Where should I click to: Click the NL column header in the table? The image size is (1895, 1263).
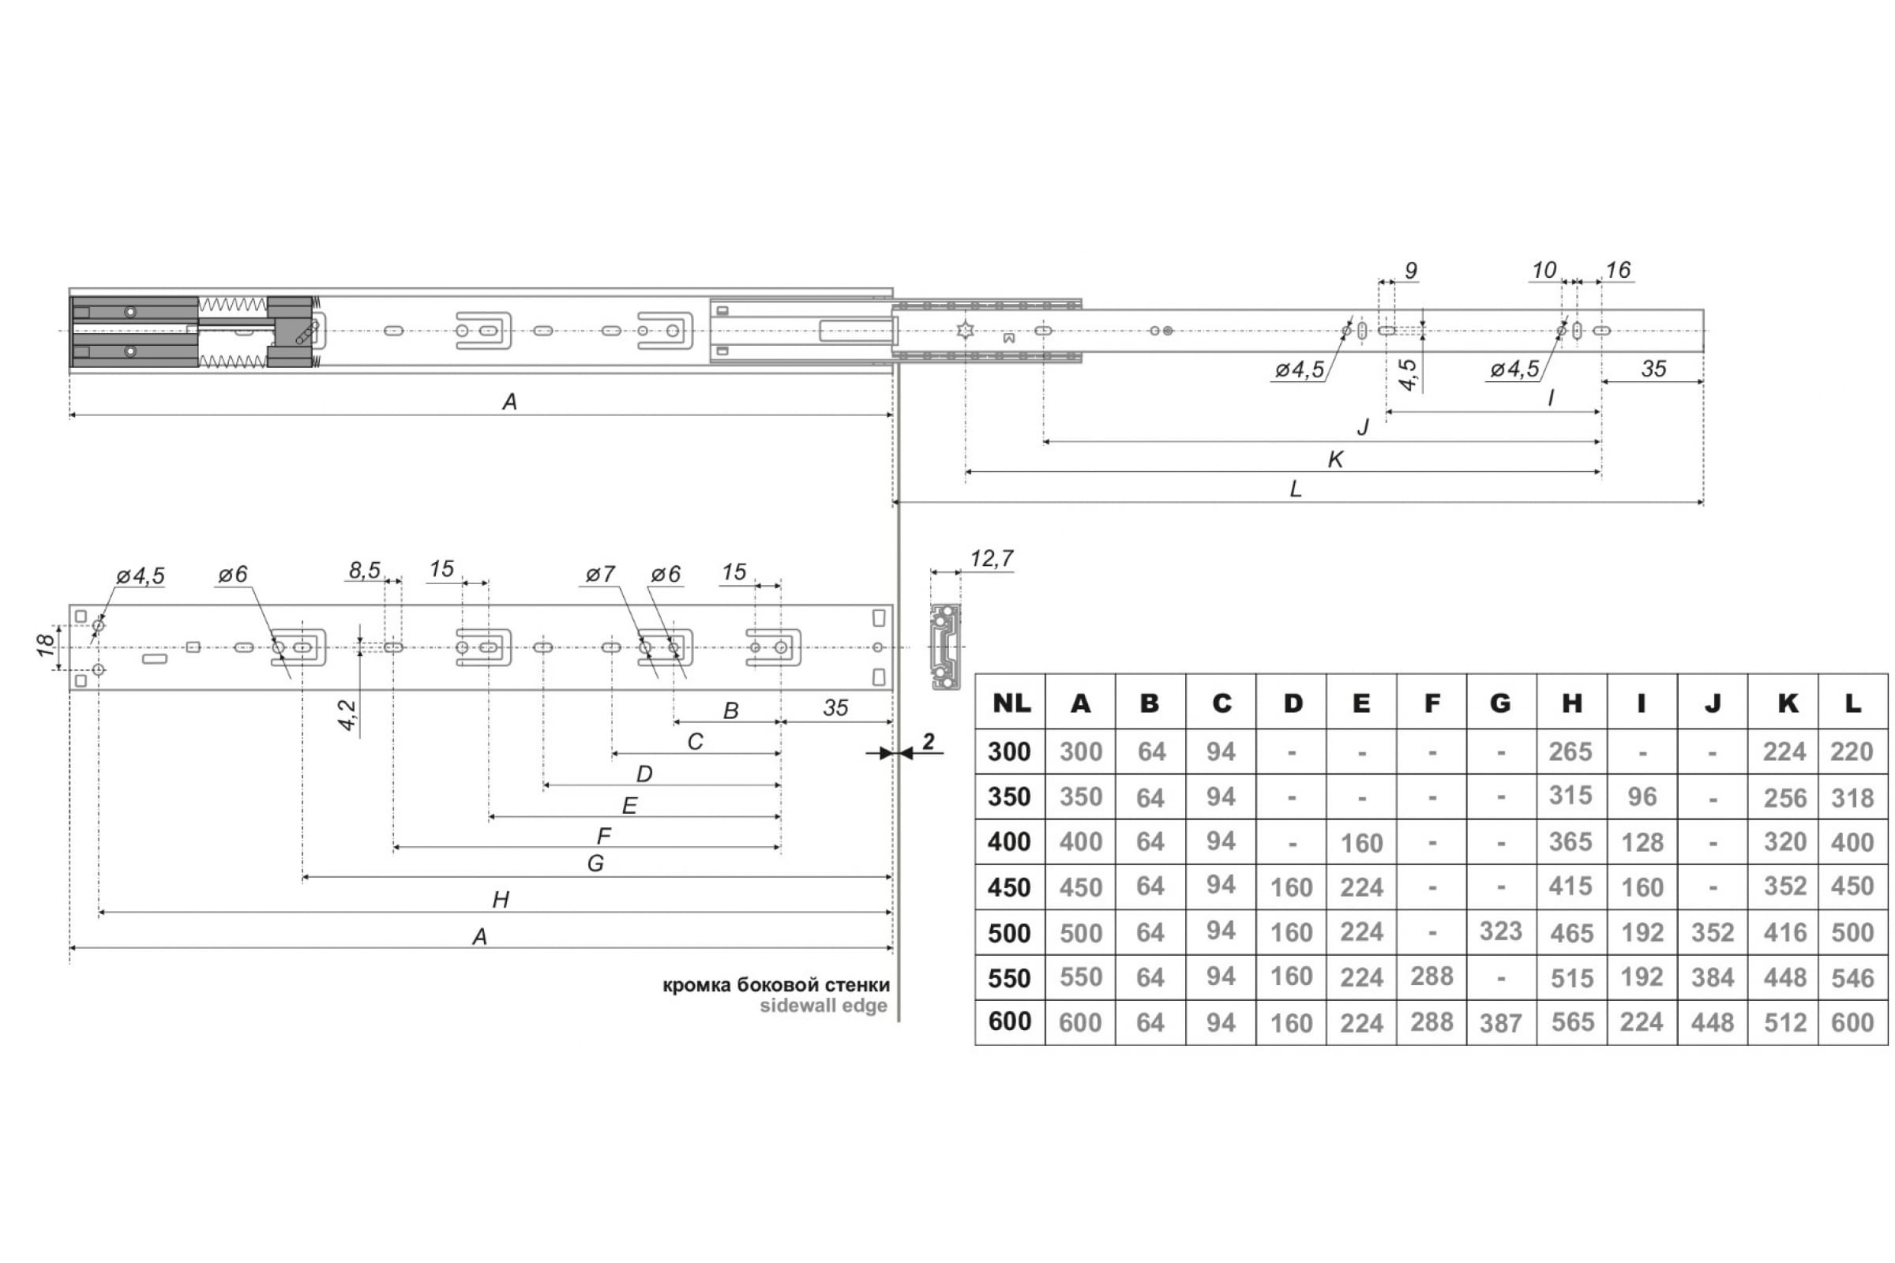pos(1011,703)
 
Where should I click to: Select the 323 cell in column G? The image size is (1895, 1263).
pos(1500,931)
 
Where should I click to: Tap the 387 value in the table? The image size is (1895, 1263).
pos(1500,1023)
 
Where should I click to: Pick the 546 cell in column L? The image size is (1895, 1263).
pos(1852,978)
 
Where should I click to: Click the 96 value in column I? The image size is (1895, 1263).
pos(1642,796)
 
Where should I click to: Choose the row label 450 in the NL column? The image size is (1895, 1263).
pos(1010,886)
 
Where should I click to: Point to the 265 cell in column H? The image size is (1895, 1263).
pos(1570,751)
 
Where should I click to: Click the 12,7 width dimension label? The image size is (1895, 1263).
pos(991,558)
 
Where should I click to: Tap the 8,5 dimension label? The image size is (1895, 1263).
pos(364,570)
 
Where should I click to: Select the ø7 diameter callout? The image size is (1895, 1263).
pos(600,575)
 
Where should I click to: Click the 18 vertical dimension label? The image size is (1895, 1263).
pos(46,645)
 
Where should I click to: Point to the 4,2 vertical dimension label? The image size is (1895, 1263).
pos(347,715)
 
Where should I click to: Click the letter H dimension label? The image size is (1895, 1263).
pos(501,900)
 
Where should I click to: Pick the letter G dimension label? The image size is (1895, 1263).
pos(595,864)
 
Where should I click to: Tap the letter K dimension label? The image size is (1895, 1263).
pos(1335,459)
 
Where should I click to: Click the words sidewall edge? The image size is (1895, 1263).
pos(824,1006)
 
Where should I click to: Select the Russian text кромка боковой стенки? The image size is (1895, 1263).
pos(776,984)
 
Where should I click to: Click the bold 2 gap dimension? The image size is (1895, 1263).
pos(929,741)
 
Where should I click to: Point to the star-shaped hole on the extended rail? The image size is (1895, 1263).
pos(965,330)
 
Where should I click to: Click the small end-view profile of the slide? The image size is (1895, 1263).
pos(945,646)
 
